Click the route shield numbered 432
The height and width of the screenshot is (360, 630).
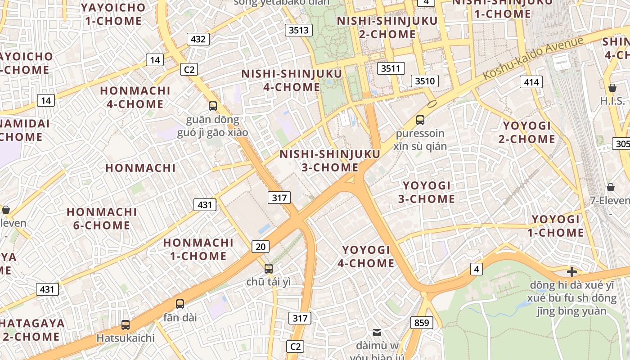coord(198,39)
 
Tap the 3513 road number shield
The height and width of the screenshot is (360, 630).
coord(299,30)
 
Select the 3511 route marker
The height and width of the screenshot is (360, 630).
coord(391,68)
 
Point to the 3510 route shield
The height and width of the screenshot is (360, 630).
coord(425,81)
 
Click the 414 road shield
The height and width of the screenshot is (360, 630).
coord(531,82)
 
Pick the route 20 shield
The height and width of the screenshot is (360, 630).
coord(261,246)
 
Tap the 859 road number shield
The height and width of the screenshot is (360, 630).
coord(422,322)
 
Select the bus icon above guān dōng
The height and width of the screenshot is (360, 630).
coord(213,106)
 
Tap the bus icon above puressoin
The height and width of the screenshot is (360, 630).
coord(420,120)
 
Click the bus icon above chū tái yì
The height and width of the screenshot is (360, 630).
coord(269,268)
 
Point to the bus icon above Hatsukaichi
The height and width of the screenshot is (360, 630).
coord(126,324)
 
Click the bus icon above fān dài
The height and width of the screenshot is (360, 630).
coord(180,304)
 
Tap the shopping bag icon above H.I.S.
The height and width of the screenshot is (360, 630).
coord(612,87)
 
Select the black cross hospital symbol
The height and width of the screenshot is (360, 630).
coord(572,271)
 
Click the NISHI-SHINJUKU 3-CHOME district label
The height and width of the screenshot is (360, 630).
coord(330,161)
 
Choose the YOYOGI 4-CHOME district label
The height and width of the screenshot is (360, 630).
coord(366,256)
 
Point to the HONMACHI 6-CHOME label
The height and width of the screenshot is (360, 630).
coord(102,218)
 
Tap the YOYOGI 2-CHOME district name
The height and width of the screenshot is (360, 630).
coord(526,132)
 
